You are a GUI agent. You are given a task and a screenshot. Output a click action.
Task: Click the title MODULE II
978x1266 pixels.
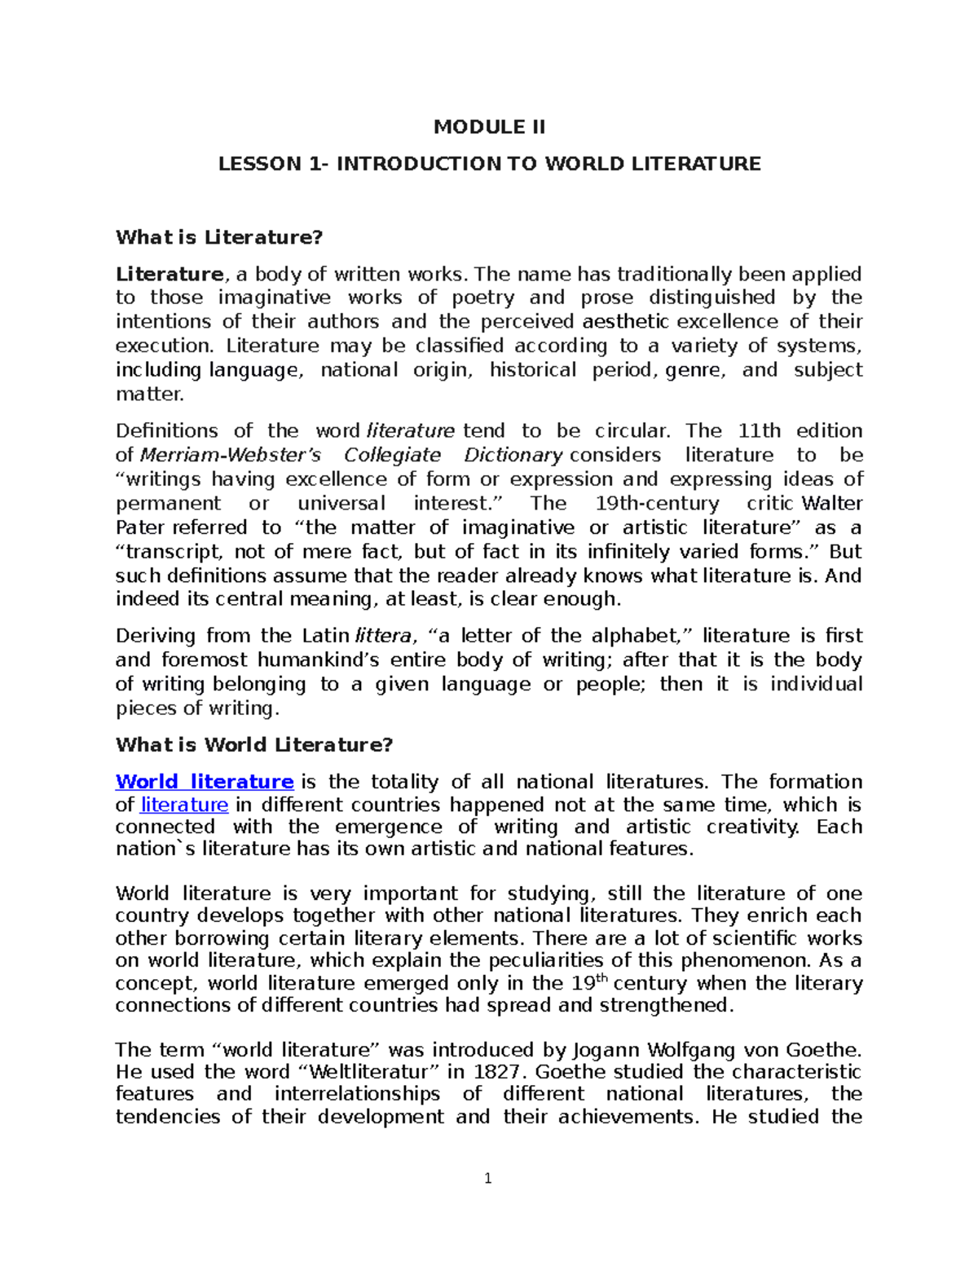pos(489,127)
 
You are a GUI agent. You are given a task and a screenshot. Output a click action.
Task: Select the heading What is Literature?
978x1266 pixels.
pos(219,237)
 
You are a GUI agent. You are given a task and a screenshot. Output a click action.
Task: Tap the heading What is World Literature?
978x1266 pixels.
pos(254,744)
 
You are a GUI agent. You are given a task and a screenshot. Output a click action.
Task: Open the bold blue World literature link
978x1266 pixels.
pos(204,782)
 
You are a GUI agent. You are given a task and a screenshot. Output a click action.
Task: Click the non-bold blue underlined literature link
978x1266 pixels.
pos(184,805)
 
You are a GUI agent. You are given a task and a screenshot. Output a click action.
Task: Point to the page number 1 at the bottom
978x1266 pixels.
pos(487,1178)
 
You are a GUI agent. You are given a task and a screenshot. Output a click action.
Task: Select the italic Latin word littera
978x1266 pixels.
pos(382,636)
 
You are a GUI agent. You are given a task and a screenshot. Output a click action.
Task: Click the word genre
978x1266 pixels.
pos(694,370)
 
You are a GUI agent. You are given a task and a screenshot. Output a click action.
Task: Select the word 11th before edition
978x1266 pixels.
pos(759,430)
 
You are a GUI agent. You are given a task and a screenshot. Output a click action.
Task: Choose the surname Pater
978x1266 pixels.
pos(140,527)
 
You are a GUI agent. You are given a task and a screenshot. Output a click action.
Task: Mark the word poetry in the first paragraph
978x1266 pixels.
pos(484,298)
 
